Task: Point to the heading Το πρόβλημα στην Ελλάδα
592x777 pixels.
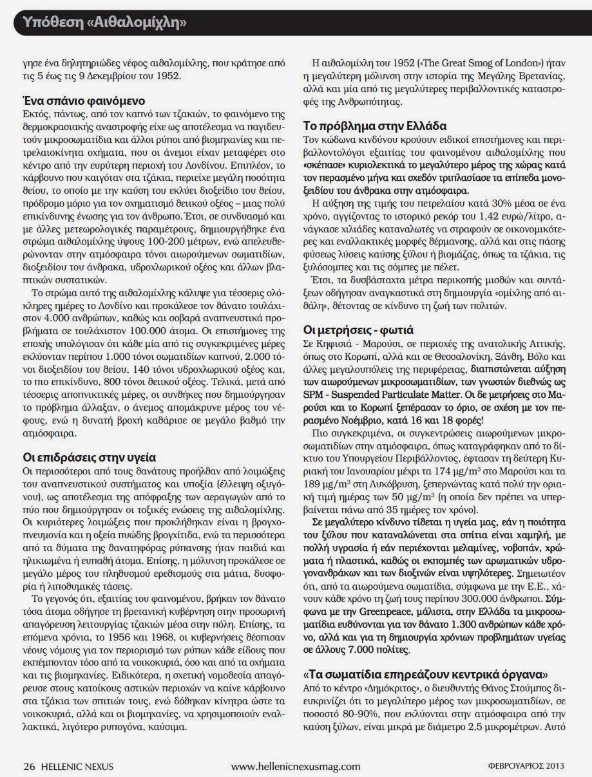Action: (x=384, y=126)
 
